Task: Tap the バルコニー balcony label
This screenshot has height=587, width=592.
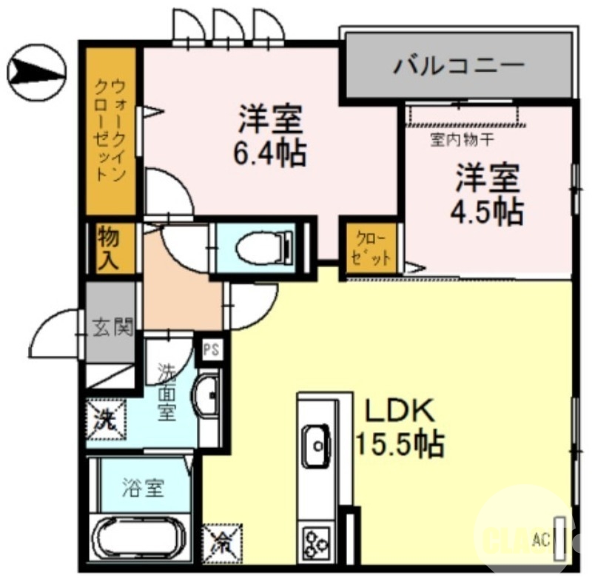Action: click(x=458, y=66)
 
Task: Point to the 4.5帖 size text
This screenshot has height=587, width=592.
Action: click(x=488, y=212)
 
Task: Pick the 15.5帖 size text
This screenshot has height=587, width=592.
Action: click(x=400, y=444)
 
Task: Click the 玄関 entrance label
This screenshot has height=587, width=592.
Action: click(x=113, y=326)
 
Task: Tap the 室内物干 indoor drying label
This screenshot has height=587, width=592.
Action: click(x=457, y=138)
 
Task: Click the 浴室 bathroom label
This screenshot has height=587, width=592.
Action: click(x=143, y=489)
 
